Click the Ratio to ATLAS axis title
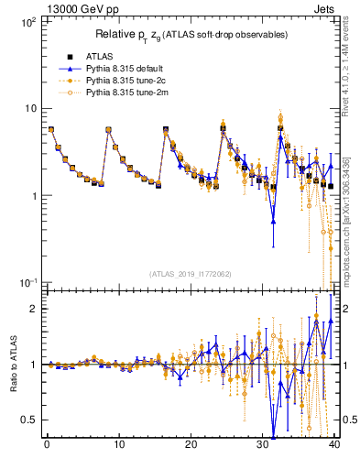coord(13,365)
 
